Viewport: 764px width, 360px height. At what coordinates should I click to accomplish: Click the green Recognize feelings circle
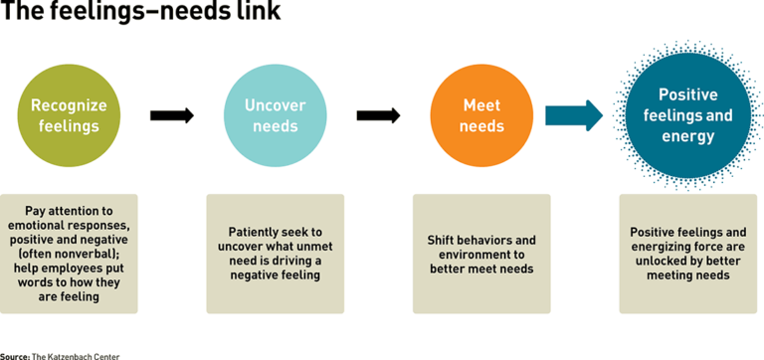click(x=70, y=115)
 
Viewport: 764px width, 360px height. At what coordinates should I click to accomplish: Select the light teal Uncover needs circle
click(x=276, y=115)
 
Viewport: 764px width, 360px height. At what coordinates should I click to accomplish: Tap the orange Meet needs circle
click(x=481, y=115)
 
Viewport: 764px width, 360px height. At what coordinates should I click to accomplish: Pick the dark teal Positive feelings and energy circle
click(x=687, y=115)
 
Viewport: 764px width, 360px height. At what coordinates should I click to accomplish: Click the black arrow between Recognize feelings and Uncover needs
click(x=171, y=115)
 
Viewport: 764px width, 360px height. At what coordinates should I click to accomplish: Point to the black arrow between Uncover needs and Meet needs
click(x=378, y=115)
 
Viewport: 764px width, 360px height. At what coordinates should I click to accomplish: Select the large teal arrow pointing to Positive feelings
click(x=574, y=115)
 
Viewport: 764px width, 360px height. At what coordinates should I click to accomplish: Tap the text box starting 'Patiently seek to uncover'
click(x=276, y=254)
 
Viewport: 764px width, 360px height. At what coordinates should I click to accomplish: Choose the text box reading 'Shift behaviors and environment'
click(x=481, y=254)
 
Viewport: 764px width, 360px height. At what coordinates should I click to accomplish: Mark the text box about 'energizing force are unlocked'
click(x=687, y=254)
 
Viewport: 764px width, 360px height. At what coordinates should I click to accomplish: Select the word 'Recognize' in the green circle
click(x=70, y=105)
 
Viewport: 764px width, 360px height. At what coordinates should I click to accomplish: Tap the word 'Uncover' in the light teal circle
click(x=276, y=105)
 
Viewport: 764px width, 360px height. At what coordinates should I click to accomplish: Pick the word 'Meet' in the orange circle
click(x=481, y=105)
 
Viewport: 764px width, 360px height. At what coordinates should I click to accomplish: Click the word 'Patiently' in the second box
click(x=244, y=232)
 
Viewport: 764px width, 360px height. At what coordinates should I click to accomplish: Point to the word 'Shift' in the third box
click(x=445, y=240)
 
